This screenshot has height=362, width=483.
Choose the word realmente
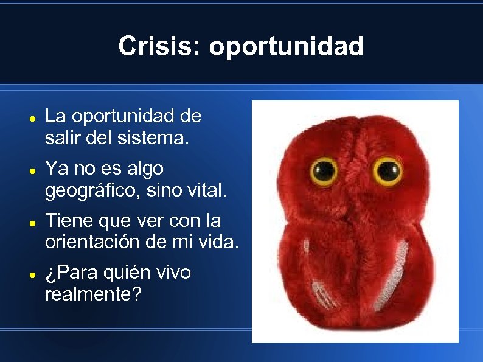coord(93,295)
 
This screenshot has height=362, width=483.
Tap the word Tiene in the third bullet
coord(67,220)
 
